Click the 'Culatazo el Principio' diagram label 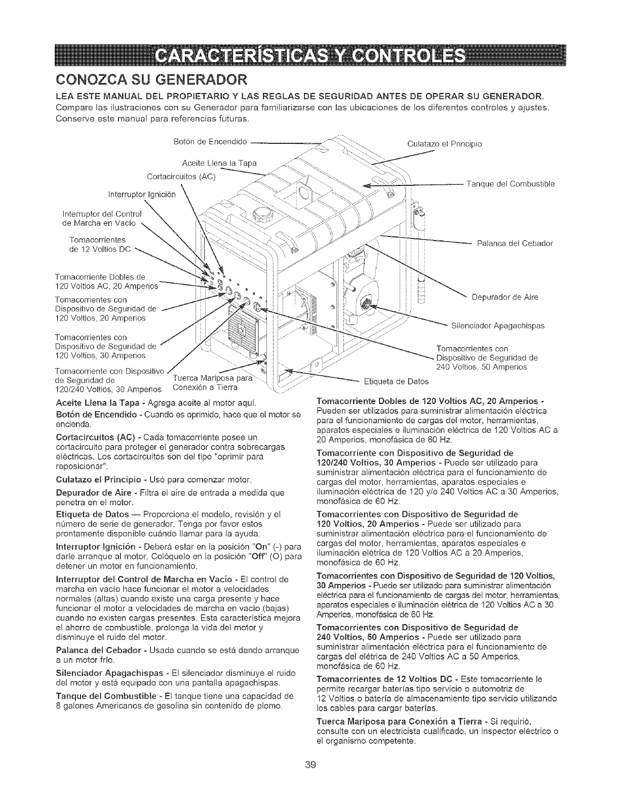click(445, 143)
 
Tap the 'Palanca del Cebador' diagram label click(515, 243)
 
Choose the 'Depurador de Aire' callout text click(504, 297)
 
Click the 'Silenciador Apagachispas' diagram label click(497, 325)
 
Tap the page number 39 click(311, 778)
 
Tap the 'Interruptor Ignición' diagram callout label click(142, 195)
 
